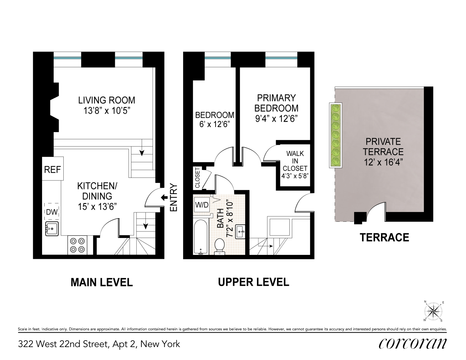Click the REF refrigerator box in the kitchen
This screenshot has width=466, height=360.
click(x=53, y=169)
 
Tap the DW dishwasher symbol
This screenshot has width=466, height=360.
click(x=52, y=212)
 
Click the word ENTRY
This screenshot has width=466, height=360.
click(x=173, y=198)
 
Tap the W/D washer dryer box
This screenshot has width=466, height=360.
click(x=202, y=205)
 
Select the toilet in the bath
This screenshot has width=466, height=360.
click(x=219, y=247)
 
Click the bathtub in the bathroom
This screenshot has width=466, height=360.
click(x=200, y=238)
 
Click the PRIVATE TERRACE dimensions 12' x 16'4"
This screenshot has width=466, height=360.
click(x=384, y=162)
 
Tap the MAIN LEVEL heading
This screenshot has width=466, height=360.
click(x=101, y=282)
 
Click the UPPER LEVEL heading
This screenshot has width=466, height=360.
click(x=253, y=282)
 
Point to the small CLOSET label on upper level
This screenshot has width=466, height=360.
click(x=197, y=178)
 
